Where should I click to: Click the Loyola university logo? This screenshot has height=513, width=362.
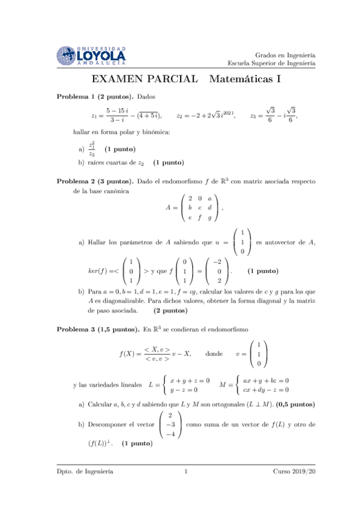pos(91,56)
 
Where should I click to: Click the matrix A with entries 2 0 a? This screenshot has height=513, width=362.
pos(200,208)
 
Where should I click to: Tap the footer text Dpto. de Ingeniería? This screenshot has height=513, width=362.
pos(85,471)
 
